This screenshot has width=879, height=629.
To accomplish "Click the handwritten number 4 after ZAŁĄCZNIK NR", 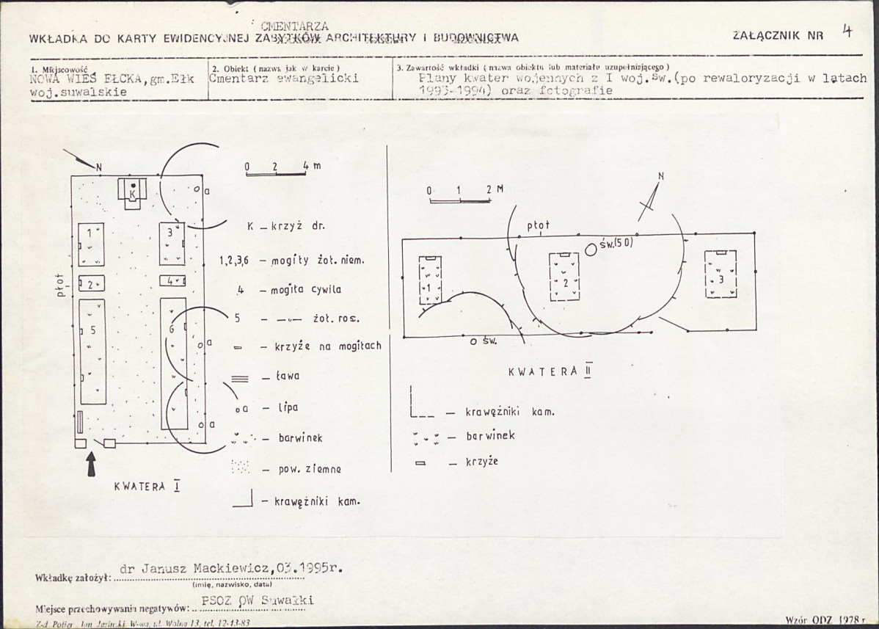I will point(847,31).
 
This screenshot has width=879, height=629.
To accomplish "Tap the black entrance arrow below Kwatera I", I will point(91,465).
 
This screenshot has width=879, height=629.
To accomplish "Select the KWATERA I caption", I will point(147,487).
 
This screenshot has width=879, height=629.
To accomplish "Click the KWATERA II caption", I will point(550,371).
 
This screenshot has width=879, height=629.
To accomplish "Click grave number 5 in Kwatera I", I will point(92,351).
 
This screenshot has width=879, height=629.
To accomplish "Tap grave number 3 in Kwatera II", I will point(721,274).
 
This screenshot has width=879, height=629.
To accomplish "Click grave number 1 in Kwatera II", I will point(430,280).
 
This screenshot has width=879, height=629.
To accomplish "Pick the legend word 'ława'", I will point(288,377).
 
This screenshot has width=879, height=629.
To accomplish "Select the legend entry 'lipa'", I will point(288,407).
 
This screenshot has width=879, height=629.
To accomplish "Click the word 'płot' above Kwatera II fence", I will point(538,226).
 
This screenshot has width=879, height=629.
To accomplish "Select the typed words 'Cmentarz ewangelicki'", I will point(283,79).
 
